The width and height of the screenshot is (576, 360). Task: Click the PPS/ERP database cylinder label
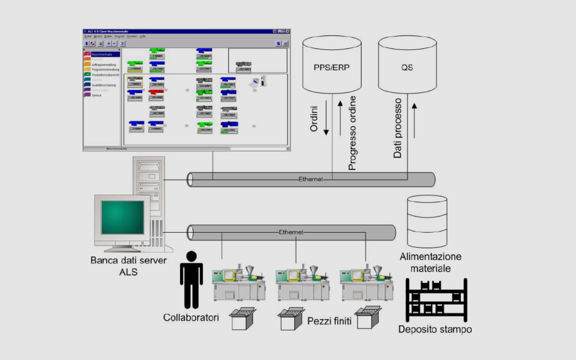tap(332, 67)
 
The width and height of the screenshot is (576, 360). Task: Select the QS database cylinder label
tap(407, 67)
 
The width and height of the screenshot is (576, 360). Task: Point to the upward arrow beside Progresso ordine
tap(340, 118)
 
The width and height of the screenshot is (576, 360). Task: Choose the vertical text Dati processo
tap(398, 128)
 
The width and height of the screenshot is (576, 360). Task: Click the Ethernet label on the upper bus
tap(310, 179)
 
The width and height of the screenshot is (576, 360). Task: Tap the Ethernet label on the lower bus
tap(291, 232)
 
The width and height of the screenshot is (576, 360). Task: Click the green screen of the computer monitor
tap(122, 217)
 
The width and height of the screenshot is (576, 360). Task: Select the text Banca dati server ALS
tap(128, 266)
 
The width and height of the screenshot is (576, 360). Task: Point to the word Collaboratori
tap(191, 318)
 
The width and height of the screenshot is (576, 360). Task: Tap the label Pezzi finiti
tap(329, 321)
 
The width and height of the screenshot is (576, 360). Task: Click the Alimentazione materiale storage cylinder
tap(427, 221)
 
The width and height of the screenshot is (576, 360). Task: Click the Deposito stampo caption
tap(435, 329)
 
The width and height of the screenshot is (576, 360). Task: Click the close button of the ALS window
tap(288, 31)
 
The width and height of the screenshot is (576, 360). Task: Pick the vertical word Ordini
tap(314, 119)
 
